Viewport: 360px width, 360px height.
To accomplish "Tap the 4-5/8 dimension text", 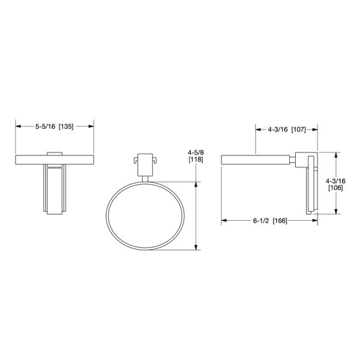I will tap(196, 152).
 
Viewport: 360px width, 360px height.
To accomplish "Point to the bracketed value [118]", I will tap(196, 160).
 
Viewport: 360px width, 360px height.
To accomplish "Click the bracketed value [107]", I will tap(301, 129).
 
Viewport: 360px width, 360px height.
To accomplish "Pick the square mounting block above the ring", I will tap(145, 164).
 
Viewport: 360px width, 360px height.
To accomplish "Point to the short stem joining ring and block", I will tap(145, 178).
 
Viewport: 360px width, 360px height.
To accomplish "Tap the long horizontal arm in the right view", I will tap(257, 160).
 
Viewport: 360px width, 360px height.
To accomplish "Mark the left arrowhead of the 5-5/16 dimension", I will tap(18, 127).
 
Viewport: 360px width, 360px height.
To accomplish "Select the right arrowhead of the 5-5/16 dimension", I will tap(92, 127).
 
